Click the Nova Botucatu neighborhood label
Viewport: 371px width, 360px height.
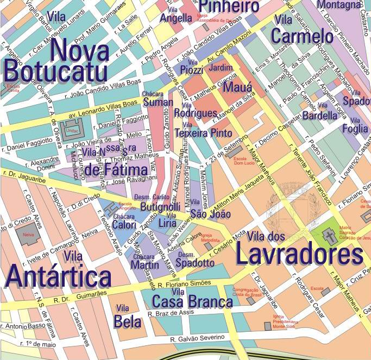(x=57, y=62)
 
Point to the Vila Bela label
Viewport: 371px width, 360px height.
(x=127, y=318)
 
